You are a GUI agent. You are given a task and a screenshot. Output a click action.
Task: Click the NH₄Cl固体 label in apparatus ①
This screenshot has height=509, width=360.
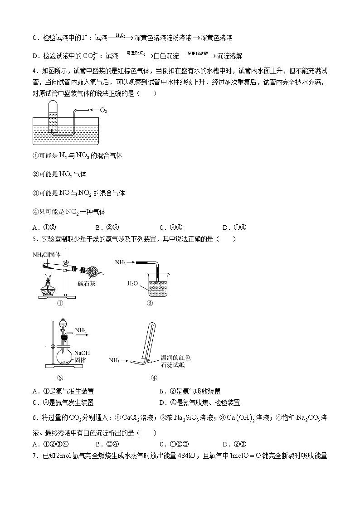click(47, 254)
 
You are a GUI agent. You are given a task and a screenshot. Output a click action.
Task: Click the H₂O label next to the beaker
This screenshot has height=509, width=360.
click(132, 283)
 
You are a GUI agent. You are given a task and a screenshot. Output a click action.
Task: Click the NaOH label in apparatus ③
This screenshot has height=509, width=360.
click(82, 353)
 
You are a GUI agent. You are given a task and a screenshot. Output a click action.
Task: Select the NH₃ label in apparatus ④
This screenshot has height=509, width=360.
click(114, 360)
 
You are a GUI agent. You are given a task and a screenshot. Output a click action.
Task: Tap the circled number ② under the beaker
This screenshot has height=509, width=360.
click(150, 303)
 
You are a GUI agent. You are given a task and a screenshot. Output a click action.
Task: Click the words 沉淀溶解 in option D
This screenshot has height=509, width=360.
click(230, 56)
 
